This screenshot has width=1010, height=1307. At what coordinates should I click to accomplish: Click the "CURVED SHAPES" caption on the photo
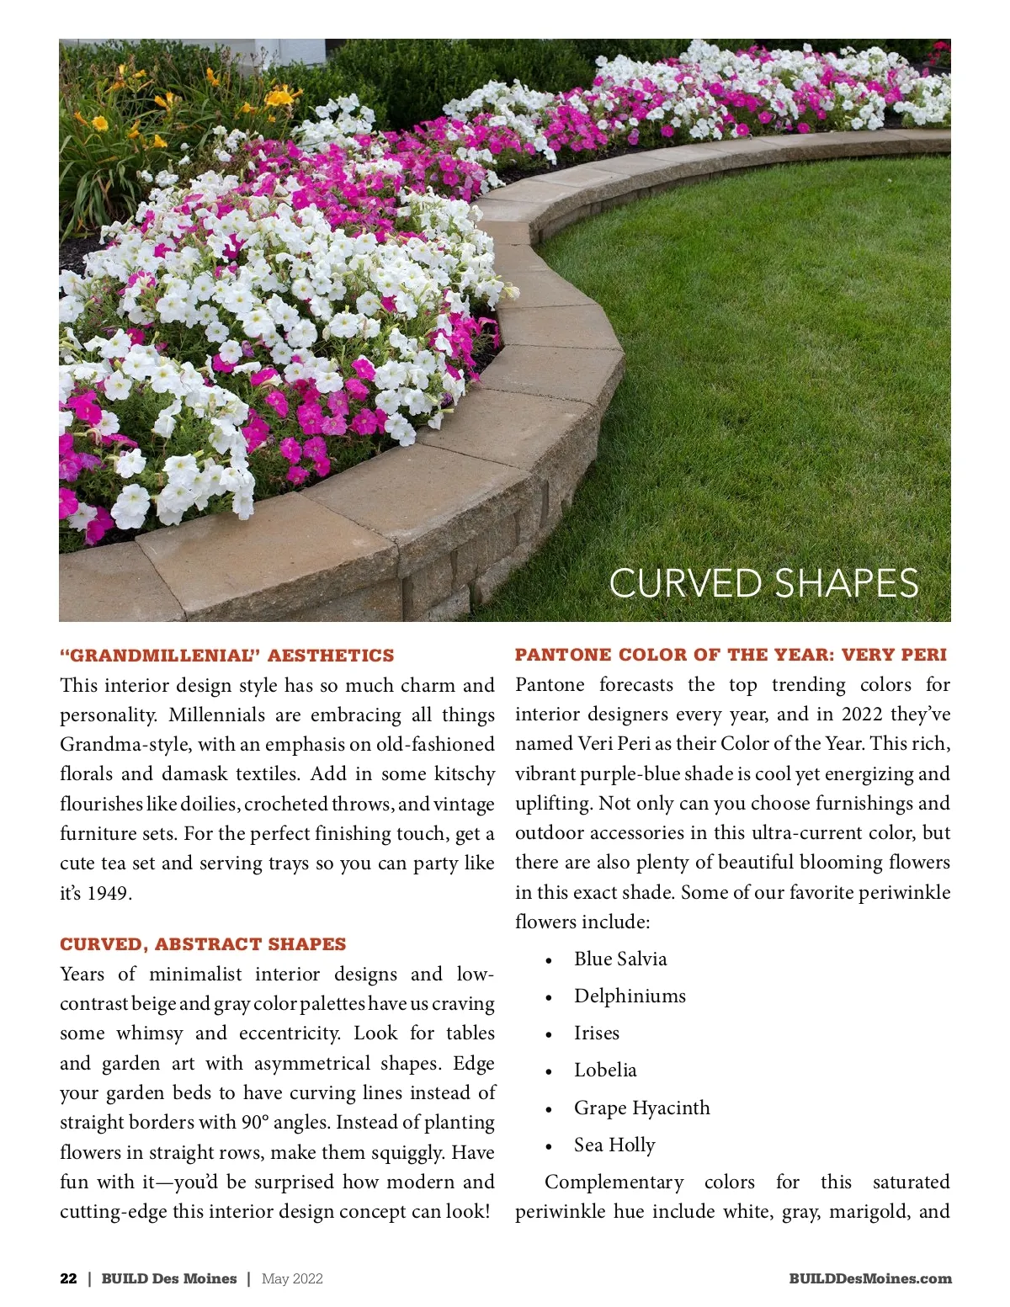763,583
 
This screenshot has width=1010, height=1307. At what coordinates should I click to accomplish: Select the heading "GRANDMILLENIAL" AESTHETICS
226,656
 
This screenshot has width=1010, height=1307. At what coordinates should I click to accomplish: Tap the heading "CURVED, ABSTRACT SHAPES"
203,944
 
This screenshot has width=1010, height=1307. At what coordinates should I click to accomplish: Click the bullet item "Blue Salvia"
620,959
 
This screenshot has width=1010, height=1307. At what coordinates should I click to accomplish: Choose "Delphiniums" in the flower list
630,996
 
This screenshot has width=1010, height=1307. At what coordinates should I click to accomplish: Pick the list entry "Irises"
597,1033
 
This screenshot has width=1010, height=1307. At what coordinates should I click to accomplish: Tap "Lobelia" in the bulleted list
605,1070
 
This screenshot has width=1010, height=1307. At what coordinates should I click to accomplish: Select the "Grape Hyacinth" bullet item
641,1108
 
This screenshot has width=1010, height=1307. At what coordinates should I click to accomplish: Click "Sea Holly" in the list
614,1145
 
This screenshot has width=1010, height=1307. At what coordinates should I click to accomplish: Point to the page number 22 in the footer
68,1278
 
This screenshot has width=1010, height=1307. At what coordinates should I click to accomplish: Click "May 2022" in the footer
292,1278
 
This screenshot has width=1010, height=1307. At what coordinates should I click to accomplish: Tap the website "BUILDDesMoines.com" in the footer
870,1278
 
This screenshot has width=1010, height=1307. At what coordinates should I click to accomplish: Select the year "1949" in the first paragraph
109,893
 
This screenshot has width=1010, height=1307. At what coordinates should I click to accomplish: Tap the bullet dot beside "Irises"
549,1035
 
